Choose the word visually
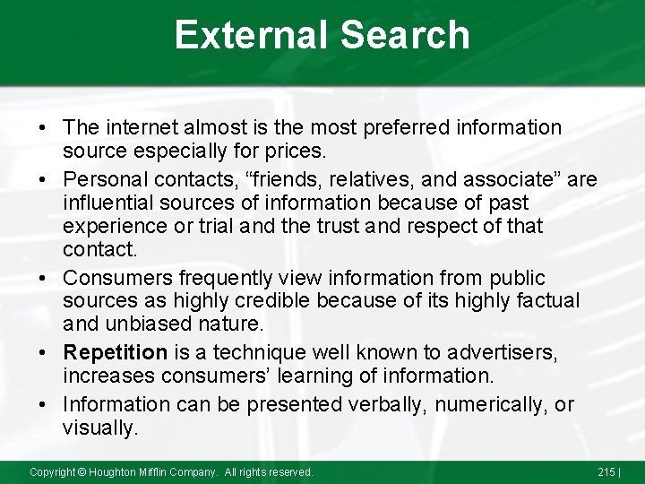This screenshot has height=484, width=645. click(100, 428)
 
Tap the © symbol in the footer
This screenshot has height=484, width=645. click(81, 471)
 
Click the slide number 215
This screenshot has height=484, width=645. click(606, 471)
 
